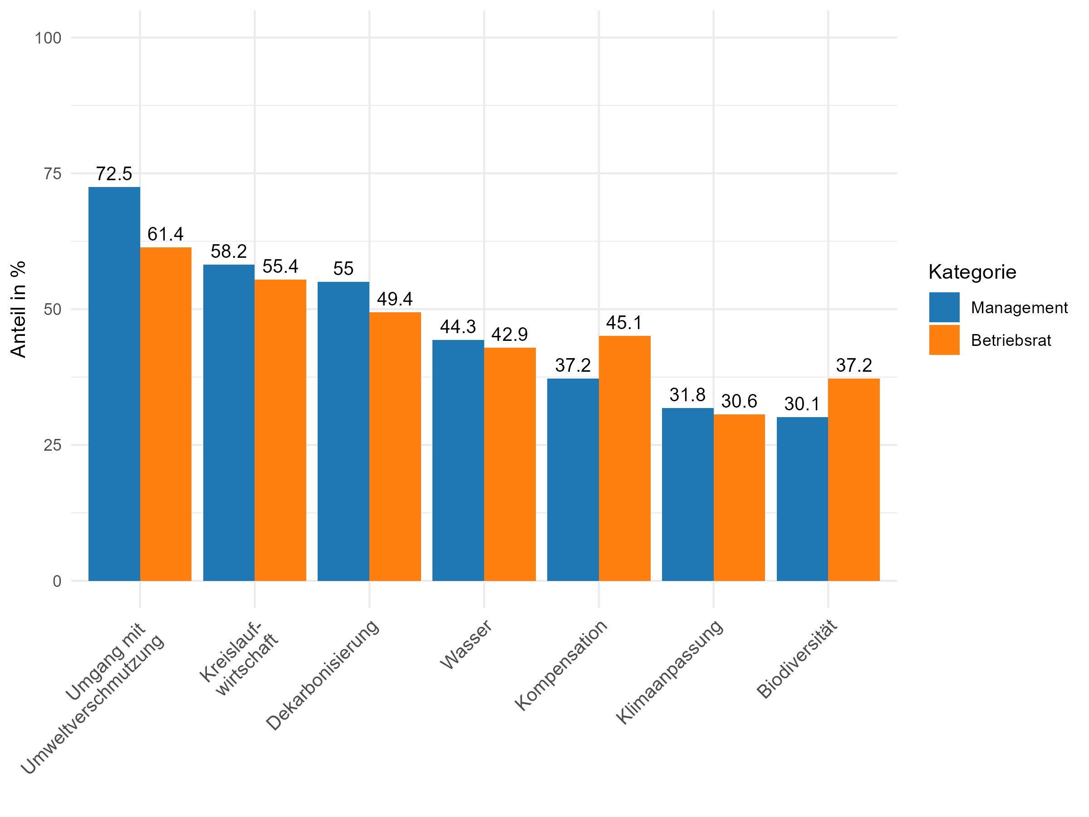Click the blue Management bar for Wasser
pyautogui.click(x=458, y=460)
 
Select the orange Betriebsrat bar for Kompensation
pyautogui.click(x=624, y=458)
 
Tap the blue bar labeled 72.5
pyautogui.click(x=114, y=384)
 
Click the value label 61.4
pyautogui.click(x=166, y=234)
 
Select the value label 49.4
pyautogui.click(x=395, y=299)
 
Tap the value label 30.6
pyautogui.click(x=739, y=401)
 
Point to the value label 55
pyautogui.click(x=343, y=268)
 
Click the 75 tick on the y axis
pyautogui.click(x=52, y=174)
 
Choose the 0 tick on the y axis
pyautogui.click(x=57, y=581)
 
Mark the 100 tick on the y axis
pyautogui.click(x=48, y=38)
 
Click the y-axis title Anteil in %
pyautogui.click(x=18, y=309)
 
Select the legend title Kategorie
pyautogui.click(x=972, y=272)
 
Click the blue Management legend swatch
pyautogui.click(x=944, y=307)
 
